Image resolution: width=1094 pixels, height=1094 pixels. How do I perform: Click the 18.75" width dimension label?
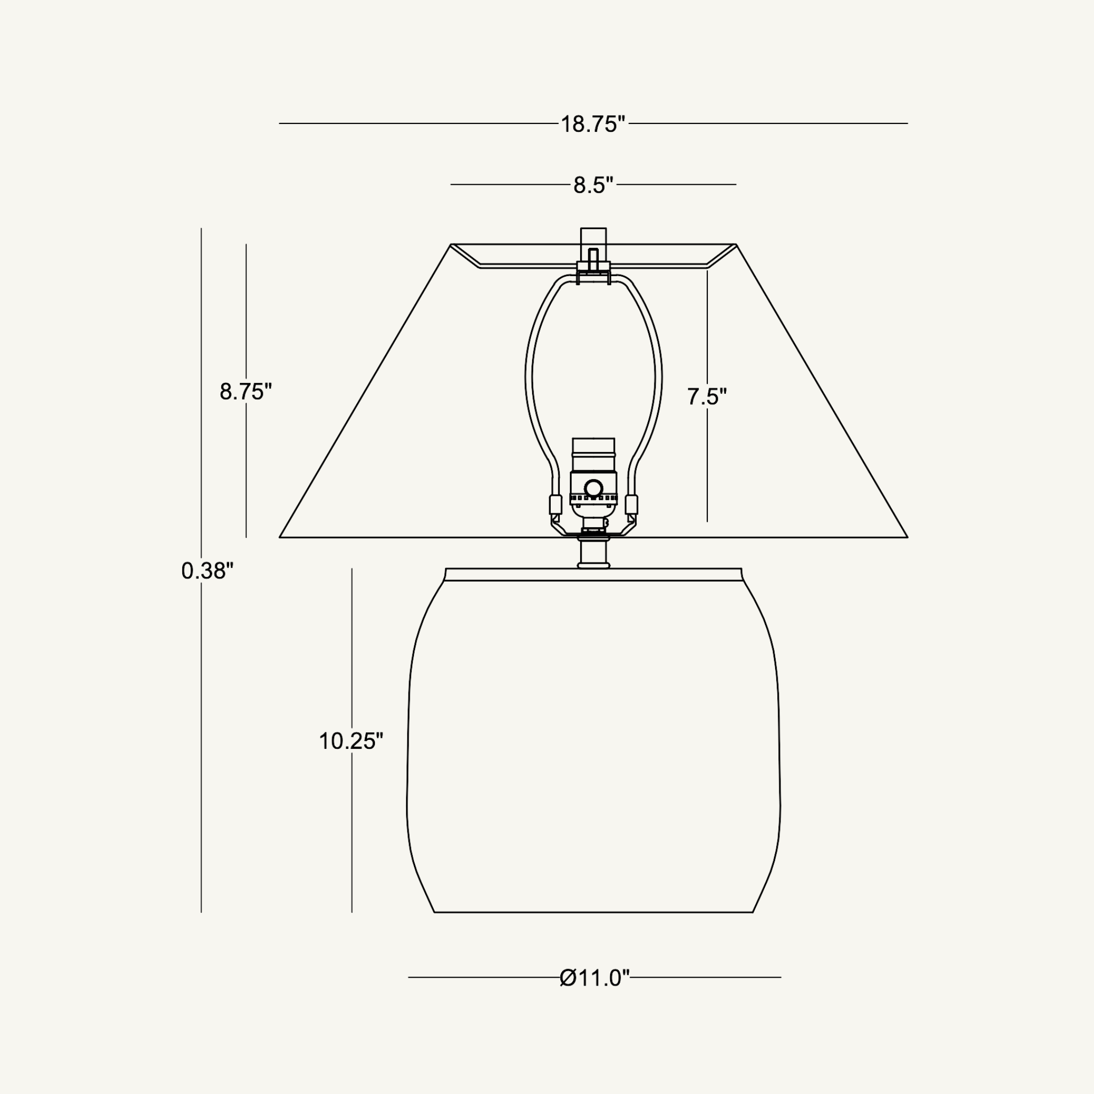coord(593,124)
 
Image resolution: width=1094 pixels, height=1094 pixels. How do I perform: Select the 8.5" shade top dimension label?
coord(593,185)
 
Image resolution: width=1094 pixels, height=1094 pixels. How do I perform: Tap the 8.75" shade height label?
coord(246,391)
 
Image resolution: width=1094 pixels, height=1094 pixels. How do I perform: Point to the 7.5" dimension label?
coord(707,396)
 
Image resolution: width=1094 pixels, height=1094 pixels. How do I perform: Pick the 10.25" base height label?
coord(351,741)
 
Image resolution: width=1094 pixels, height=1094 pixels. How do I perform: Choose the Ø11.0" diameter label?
coord(595,978)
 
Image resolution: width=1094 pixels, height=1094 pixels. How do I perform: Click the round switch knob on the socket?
coord(593,488)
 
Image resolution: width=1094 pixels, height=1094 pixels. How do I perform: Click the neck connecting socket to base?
coord(593,553)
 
